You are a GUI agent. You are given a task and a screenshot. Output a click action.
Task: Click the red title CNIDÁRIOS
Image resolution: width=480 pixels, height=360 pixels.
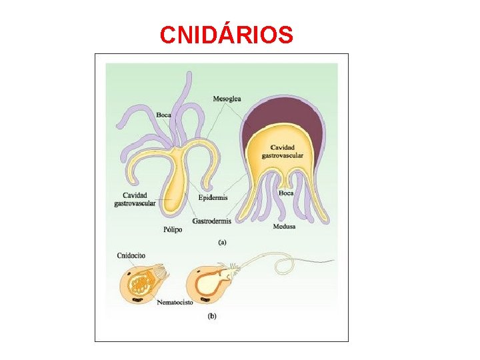coord(226,35)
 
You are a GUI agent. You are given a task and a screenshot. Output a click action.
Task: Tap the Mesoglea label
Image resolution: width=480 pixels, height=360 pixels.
coord(227,99)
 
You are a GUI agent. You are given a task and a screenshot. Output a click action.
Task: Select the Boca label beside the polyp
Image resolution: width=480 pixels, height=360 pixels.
coord(163,115)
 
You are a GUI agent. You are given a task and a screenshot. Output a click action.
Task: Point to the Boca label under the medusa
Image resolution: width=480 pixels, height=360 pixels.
coord(286,193)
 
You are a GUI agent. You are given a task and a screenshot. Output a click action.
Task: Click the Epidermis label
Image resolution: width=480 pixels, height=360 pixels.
coord(213,198)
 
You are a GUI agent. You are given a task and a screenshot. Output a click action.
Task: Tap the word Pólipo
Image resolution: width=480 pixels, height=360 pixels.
coord(173,229)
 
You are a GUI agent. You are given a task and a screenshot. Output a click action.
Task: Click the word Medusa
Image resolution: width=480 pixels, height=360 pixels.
coord(284,227)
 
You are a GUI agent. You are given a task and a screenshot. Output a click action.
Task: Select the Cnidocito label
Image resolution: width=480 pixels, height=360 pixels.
coord(131,255)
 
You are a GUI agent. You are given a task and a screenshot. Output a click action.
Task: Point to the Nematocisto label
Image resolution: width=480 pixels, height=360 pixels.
coord(175,302)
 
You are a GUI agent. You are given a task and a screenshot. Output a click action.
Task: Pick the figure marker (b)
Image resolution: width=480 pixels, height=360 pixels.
coord(211,316)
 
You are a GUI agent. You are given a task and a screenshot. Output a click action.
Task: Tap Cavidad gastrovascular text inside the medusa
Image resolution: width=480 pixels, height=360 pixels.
coord(286,151)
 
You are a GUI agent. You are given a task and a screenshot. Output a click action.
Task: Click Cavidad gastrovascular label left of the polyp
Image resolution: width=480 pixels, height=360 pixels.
coord(135,199)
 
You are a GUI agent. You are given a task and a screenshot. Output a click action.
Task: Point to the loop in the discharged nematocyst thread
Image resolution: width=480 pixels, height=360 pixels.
coord(285,266)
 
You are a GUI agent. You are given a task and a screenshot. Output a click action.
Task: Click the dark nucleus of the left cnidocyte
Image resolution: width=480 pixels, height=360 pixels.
coord(137,299)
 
